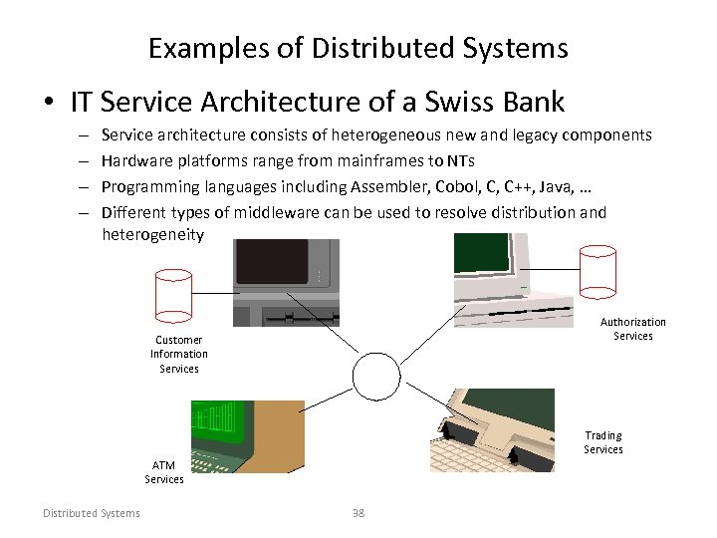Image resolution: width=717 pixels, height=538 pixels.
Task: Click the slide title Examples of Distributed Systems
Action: tap(358, 47)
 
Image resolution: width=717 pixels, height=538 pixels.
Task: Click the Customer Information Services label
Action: tap(179, 354)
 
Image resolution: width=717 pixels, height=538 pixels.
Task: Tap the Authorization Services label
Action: tap(632, 329)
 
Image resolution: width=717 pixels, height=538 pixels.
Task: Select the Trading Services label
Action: tap(603, 442)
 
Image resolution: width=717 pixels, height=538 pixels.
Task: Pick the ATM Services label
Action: tap(164, 472)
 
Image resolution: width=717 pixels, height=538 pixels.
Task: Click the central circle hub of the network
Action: tap(374, 377)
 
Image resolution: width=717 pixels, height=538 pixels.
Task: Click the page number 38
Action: tap(358, 513)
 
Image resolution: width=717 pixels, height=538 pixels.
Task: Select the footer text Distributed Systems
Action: tap(92, 513)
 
